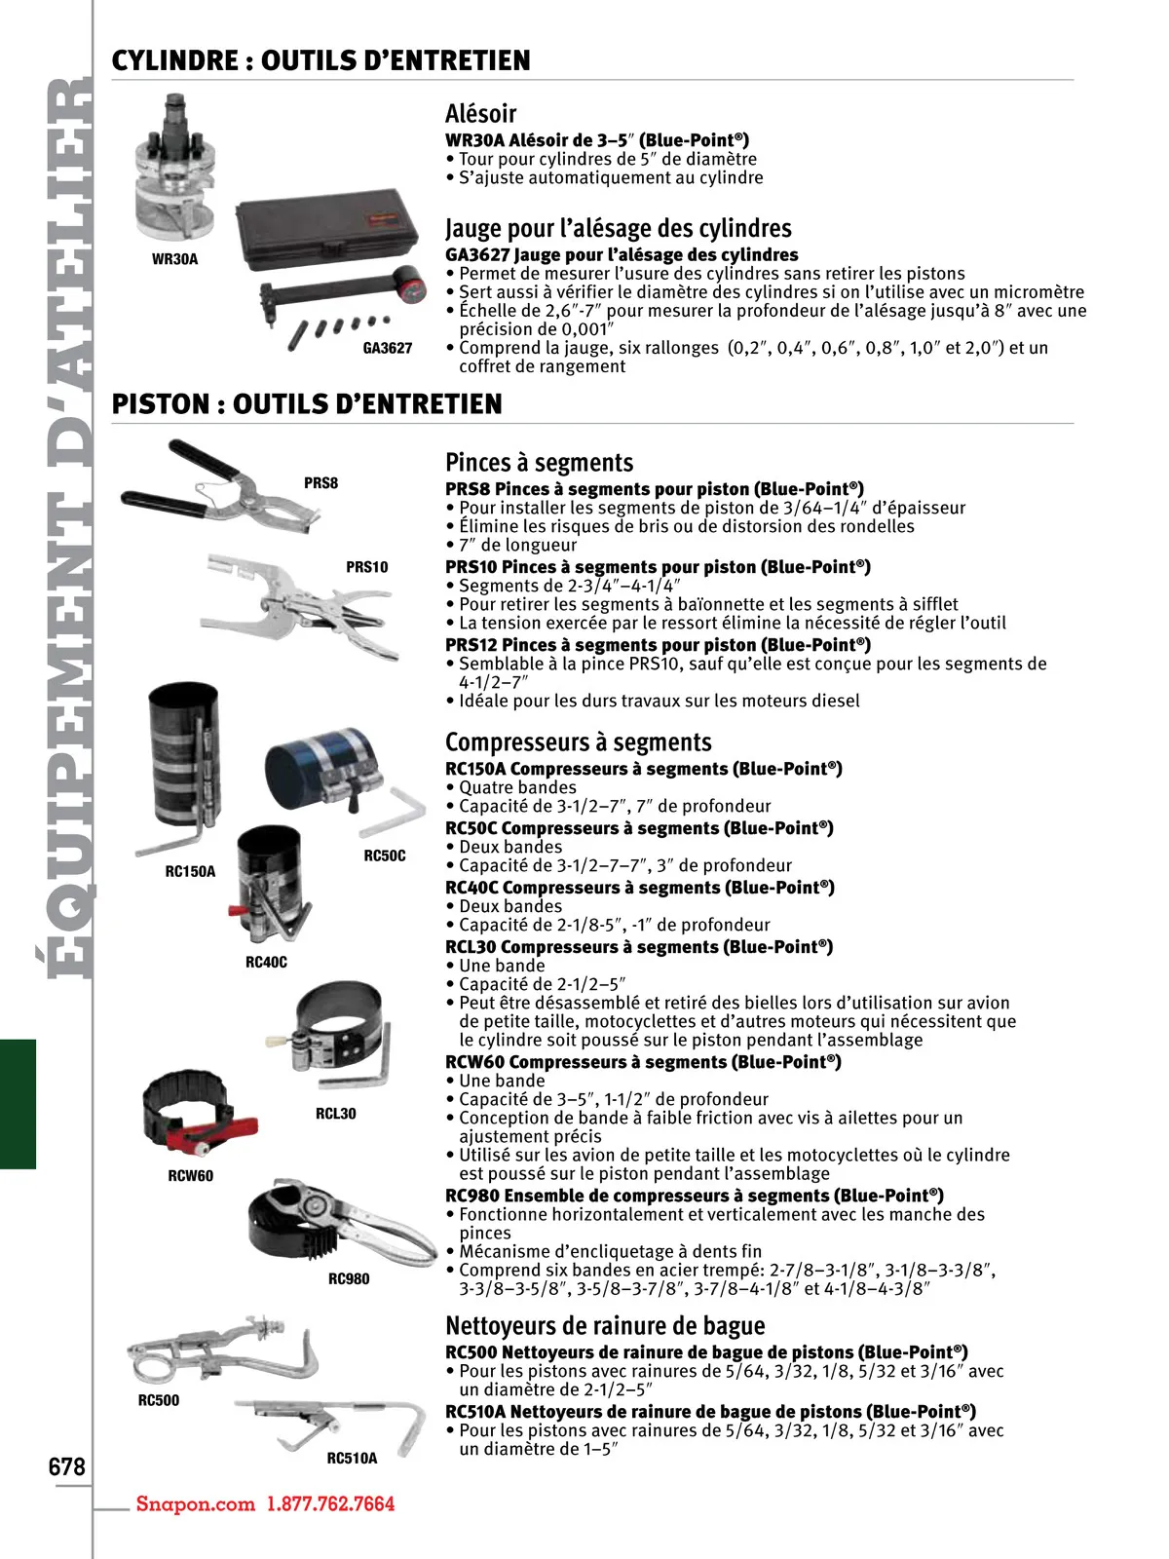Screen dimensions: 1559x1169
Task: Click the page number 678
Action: pyautogui.click(x=66, y=1466)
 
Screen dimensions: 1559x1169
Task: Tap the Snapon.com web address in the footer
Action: pyautogui.click(x=195, y=1503)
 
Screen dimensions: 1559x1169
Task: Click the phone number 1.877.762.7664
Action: pyautogui.click(x=331, y=1503)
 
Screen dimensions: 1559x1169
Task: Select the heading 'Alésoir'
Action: pyautogui.click(x=480, y=113)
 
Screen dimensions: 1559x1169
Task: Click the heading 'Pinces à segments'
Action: pyautogui.click(x=539, y=463)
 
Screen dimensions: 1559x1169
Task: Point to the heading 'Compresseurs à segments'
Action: pyautogui.click(x=578, y=742)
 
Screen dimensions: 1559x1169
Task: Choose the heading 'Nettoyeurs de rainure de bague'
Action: pyautogui.click(x=605, y=1326)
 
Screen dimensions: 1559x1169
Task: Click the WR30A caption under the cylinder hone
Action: pyautogui.click(x=174, y=259)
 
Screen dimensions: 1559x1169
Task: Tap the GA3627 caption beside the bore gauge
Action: pyautogui.click(x=388, y=348)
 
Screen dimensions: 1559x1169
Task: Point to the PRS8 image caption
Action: pyautogui.click(x=321, y=483)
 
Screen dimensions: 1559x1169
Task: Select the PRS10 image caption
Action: pyautogui.click(x=366, y=567)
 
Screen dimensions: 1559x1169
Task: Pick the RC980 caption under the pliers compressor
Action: pyautogui.click(x=349, y=1279)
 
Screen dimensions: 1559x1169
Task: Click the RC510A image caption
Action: pyautogui.click(x=352, y=1459)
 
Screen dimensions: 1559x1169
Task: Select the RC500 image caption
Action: pyautogui.click(x=158, y=1400)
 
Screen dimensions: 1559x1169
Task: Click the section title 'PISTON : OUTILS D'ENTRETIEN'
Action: pyautogui.click(x=307, y=404)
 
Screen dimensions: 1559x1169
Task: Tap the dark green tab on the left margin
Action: pyautogui.click(x=18, y=1104)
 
